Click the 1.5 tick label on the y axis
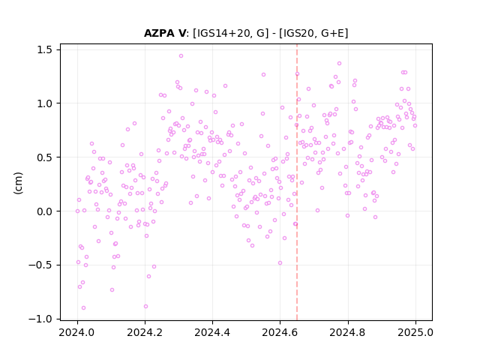coord(44,49)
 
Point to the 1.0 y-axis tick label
coord(44,103)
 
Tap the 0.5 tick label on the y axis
coord(44,157)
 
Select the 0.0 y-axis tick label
coord(44,211)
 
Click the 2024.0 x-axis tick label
coord(77,332)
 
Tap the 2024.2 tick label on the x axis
coord(145,332)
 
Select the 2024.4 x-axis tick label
coord(212,332)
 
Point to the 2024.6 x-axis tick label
coord(280,332)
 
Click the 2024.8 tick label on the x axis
coord(348,332)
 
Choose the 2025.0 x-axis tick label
coord(415,332)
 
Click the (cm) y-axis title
coord(18,183)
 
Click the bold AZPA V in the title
coord(165,33)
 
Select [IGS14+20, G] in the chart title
coord(230,33)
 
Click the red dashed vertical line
coord(297,182)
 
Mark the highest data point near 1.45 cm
coord(181,56)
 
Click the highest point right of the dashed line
coord(339,63)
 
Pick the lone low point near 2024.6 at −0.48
coord(280,263)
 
